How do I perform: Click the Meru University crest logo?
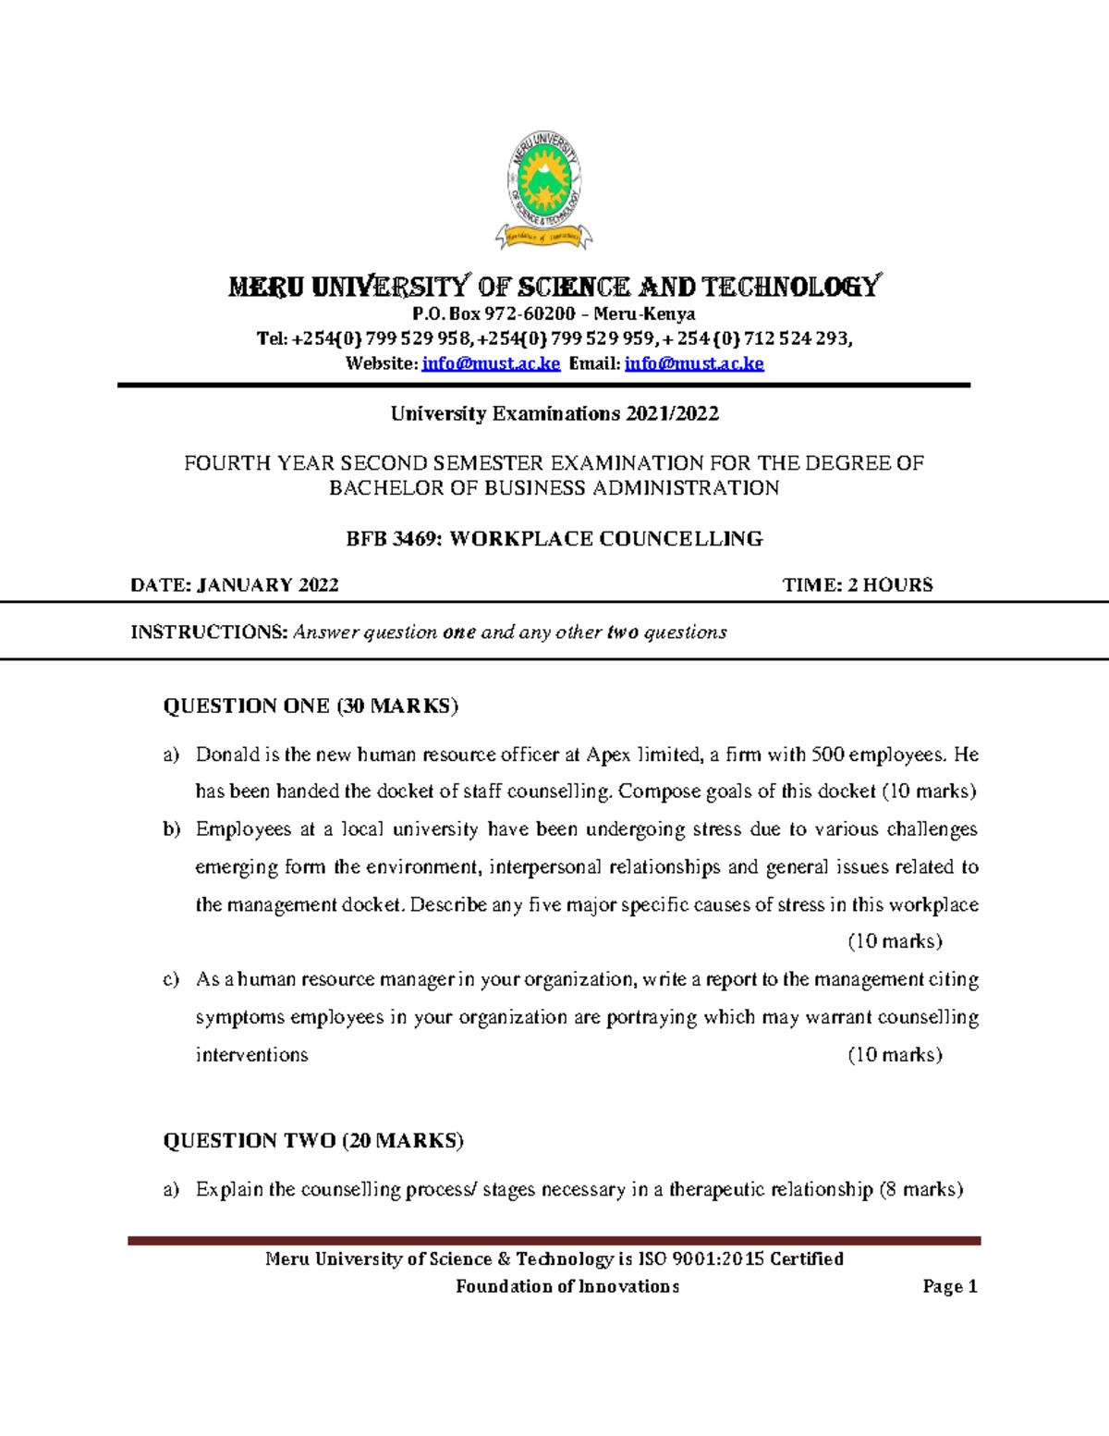[x=544, y=190]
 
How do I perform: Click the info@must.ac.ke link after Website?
[x=491, y=363]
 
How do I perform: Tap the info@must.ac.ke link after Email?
[x=694, y=363]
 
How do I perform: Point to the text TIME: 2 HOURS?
[x=858, y=585]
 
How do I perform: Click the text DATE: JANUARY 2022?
[x=235, y=585]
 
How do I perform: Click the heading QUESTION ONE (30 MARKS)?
[x=311, y=706]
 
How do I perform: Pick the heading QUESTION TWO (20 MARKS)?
[x=313, y=1141]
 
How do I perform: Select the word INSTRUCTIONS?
[x=209, y=632]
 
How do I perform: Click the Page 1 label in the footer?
[x=949, y=1287]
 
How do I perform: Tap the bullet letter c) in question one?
[x=171, y=980]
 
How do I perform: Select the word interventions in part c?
[x=251, y=1055]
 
